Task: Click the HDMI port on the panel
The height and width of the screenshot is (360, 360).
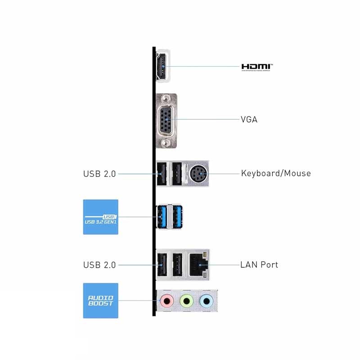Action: coord(161,67)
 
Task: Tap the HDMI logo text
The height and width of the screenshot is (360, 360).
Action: coord(257,67)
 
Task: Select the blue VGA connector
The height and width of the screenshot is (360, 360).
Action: coord(166,120)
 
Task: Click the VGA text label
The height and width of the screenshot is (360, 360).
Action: coord(249,120)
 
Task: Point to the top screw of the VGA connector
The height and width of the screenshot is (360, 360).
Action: coord(166,98)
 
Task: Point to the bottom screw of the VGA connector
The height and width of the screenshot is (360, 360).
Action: coord(166,143)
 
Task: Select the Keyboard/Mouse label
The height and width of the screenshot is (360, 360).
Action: coord(276,173)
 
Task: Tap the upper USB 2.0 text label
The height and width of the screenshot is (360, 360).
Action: coord(99,174)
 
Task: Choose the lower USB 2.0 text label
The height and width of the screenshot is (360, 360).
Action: coord(99,265)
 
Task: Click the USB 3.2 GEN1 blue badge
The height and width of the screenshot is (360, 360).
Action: coord(101,217)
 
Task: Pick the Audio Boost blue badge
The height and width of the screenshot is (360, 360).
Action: coord(101,300)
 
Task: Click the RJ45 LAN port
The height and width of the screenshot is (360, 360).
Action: coord(197,265)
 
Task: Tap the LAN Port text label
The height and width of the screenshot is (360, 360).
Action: coord(259,265)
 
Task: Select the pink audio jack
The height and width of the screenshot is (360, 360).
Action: coord(167,300)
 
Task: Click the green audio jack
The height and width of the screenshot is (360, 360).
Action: coord(186,300)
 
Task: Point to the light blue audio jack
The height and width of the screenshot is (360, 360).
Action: coord(206,300)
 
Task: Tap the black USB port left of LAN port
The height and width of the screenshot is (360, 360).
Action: coord(177,265)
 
